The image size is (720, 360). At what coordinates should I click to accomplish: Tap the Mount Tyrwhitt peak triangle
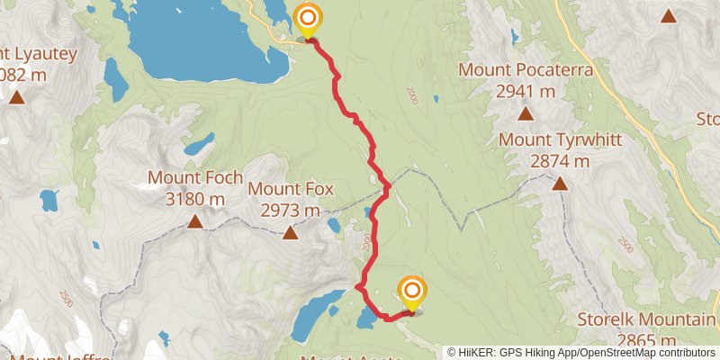coord(560,184)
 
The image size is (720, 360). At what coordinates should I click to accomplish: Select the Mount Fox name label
coord(291,189)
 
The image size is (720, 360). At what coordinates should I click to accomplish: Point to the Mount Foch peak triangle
coord(195,220)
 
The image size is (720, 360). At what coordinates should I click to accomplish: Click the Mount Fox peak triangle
coord(291,234)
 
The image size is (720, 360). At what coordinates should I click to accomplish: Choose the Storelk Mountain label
coord(645,320)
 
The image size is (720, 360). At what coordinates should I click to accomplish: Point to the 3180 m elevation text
coord(195,199)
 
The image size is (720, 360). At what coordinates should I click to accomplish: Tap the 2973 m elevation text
coord(291,211)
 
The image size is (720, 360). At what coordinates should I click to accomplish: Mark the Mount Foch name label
coord(195,178)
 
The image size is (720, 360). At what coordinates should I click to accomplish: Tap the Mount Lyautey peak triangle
coord(16,96)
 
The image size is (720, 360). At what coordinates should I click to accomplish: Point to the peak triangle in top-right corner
coord(669,15)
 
